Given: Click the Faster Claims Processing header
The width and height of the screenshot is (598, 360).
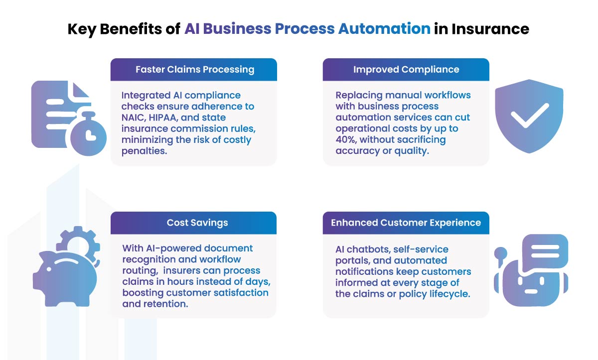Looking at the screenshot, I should click(194, 69).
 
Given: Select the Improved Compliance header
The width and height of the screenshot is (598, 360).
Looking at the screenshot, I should click(406, 69).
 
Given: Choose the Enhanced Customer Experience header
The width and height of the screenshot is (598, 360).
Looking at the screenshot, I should click(406, 223).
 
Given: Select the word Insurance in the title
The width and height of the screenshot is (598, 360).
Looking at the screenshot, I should click(490, 29).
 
